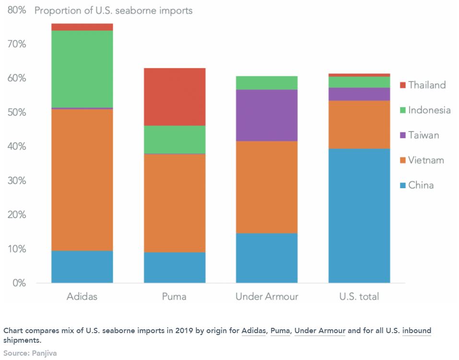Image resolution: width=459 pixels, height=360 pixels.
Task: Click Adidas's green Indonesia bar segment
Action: [82, 69]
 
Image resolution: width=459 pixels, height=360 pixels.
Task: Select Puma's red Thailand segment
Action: [175, 96]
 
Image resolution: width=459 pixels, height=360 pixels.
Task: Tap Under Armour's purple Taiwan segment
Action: [267, 115]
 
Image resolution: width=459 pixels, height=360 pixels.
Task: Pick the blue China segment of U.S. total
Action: [359, 216]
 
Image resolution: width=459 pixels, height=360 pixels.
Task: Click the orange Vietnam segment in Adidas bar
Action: [82, 180]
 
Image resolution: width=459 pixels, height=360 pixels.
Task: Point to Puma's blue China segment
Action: [175, 267]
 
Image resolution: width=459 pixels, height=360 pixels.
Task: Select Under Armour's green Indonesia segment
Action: [267, 83]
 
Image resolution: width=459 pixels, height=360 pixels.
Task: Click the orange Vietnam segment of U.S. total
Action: [359, 124]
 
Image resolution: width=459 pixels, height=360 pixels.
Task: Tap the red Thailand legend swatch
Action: [403, 85]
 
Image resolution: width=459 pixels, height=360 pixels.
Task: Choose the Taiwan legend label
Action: [424, 135]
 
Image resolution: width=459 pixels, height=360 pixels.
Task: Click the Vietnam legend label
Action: [426, 160]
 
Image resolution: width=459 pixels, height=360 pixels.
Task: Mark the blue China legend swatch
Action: [403, 185]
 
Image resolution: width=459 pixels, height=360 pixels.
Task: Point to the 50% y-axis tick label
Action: [16, 112]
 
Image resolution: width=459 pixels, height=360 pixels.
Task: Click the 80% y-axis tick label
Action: [16, 10]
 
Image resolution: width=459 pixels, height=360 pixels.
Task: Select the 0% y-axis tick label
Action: [19, 283]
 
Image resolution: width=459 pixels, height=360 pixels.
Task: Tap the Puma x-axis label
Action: [174, 297]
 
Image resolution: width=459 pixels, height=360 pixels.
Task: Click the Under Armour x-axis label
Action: [267, 297]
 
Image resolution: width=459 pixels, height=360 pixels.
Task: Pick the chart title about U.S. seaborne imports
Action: [113, 10]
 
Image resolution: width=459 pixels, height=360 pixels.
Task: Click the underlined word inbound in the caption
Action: [416, 331]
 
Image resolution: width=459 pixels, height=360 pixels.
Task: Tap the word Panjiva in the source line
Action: [45, 353]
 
